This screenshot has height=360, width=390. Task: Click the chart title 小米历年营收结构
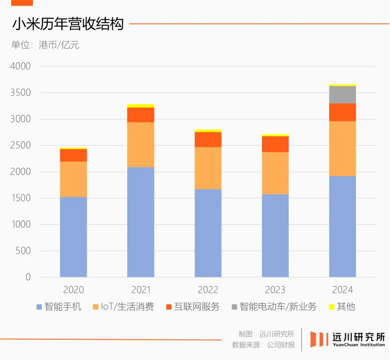pyautogui.click(x=68, y=24)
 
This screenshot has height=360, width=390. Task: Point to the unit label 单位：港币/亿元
pyautogui.click(x=45, y=45)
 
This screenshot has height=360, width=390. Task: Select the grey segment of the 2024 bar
pyautogui.click(x=342, y=95)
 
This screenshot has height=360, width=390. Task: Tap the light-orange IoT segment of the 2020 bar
pyautogui.click(x=74, y=179)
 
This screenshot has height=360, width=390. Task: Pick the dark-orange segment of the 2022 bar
pyautogui.click(x=208, y=139)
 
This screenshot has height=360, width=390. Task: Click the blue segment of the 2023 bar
pyautogui.click(x=275, y=235)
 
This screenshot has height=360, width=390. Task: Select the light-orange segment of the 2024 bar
pyautogui.click(x=342, y=148)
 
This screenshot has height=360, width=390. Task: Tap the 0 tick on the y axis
pyautogui.click(x=28, y=277)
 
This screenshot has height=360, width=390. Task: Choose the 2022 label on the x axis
pyautogui.click(x=208, y=290)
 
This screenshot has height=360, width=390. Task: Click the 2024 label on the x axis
pyautogui.click(x=342, y=290)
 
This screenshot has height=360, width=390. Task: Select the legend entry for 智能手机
pyautogui.click(x=59, y=306)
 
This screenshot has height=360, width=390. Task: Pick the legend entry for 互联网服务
pyautogui.click(x=193, y=306)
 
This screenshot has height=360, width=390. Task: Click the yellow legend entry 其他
pyautogui.click(x=342, y=306)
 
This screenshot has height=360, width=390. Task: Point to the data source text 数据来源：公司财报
pyautogui.click(x=263, y=345)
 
